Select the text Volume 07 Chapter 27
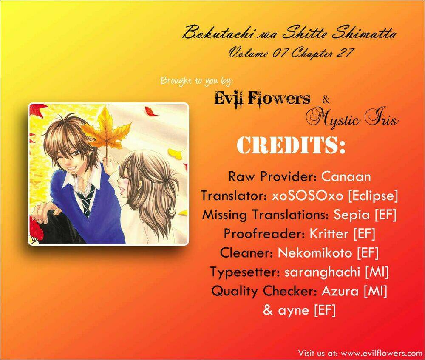pyautogui.click(x=290, y=52)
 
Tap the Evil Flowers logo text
pyautogui.click(x=262, y=99)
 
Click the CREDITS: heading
pyautogui.click(x=292, y=145)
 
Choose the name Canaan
pyautogui.click(x=346, y=176)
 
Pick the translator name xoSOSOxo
pyautogui.click(x=308, y=196)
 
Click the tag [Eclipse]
pyautogui.click(x=373, y=196)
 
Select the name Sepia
pyautogui.click(x=351, y=215)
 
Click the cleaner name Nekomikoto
pyautogui.click(x=315, y=252)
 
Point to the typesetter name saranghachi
pyautogui.click(x=322, y=272)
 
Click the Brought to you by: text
pyautogui.click(x=196, y=81)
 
